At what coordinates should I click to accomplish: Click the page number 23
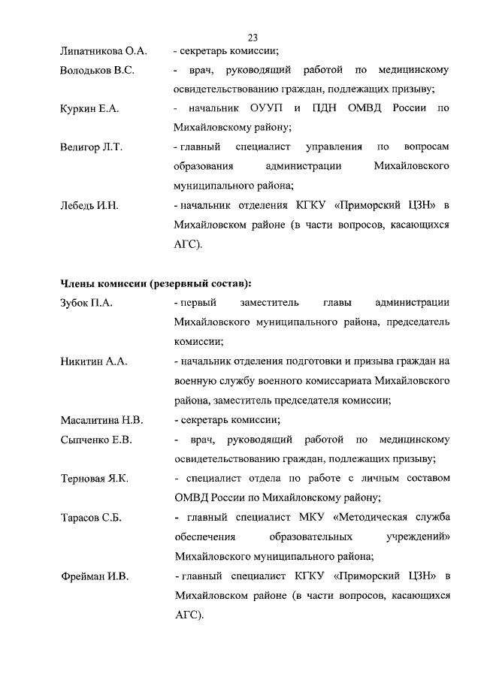tap(253, 38)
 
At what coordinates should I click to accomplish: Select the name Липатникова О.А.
tap(103, 51)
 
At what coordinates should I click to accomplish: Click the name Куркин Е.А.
tap(89, 109)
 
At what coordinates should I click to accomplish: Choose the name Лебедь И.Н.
tap(89, 205)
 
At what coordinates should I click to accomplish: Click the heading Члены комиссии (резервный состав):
tap(156, 283)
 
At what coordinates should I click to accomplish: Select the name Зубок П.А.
tap(86, 303)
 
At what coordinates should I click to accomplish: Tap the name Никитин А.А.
tap(93, 361)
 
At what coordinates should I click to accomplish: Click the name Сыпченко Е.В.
tap(96, 440)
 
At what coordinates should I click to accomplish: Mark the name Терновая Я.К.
tap(95, 479)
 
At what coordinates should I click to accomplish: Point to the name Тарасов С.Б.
tap(90, 518)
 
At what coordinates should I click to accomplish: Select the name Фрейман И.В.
tap(94, 576)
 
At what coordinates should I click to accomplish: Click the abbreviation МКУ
tap(315, 518)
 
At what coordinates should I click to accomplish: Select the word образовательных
tap(311, 537)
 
